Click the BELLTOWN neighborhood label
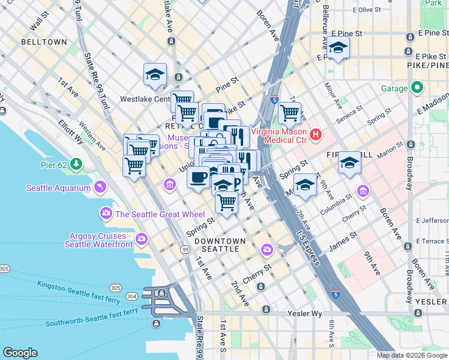point(44,43)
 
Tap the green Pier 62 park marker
point(76,163)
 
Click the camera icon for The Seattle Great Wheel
point(106,214)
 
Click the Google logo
point(20,353)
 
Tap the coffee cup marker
point(199,177)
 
